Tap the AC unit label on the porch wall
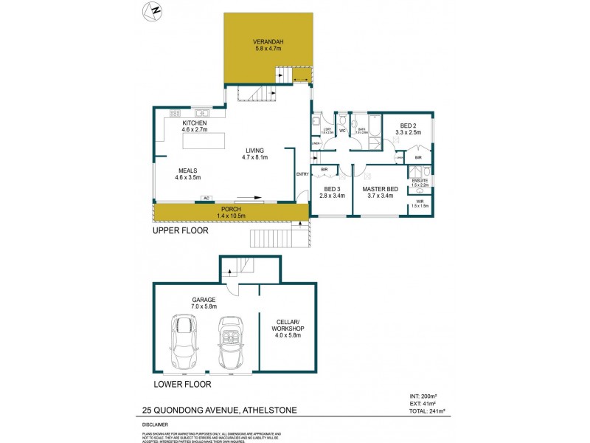208,199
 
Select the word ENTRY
302,174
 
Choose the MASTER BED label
381,190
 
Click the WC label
343,131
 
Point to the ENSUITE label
419,180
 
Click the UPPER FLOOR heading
180,231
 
